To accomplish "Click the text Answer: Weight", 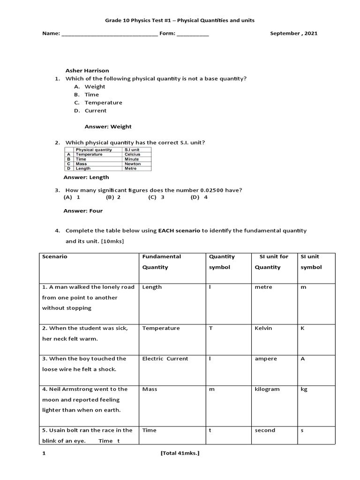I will tap(108, 127).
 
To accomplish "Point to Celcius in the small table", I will tap(132, 154).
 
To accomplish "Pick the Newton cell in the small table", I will tap(132, 164).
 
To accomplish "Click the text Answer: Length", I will tap(86, 177).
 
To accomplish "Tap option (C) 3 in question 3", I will tap(157, 197).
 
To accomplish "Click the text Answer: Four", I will tap(83, 211).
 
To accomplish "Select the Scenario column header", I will tap(55, 257).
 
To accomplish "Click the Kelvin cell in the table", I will tap(263, 328).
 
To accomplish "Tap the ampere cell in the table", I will tap(266, 359).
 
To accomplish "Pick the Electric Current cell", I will tap(165, 359).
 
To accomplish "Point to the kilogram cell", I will tap(267, 389).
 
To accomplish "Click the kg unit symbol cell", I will tap(304, 389).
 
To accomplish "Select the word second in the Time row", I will tap(265, 430).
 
